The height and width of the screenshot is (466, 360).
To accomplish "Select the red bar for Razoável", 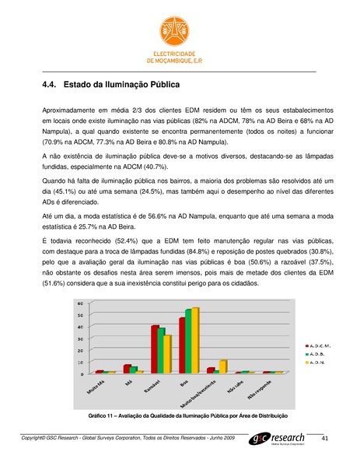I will tap(155, 349).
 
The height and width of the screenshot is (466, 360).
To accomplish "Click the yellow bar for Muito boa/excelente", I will tap(223, 366).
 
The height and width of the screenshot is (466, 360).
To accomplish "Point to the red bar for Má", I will tap(127, 369).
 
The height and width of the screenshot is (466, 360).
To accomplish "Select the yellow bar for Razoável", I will tap(167, 354).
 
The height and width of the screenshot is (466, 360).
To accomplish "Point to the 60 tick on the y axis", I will tap(80, 303).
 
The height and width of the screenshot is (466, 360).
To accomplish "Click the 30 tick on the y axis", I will tap(80, 338).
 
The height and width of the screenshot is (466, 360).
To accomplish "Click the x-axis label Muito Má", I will tap(96, 385).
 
